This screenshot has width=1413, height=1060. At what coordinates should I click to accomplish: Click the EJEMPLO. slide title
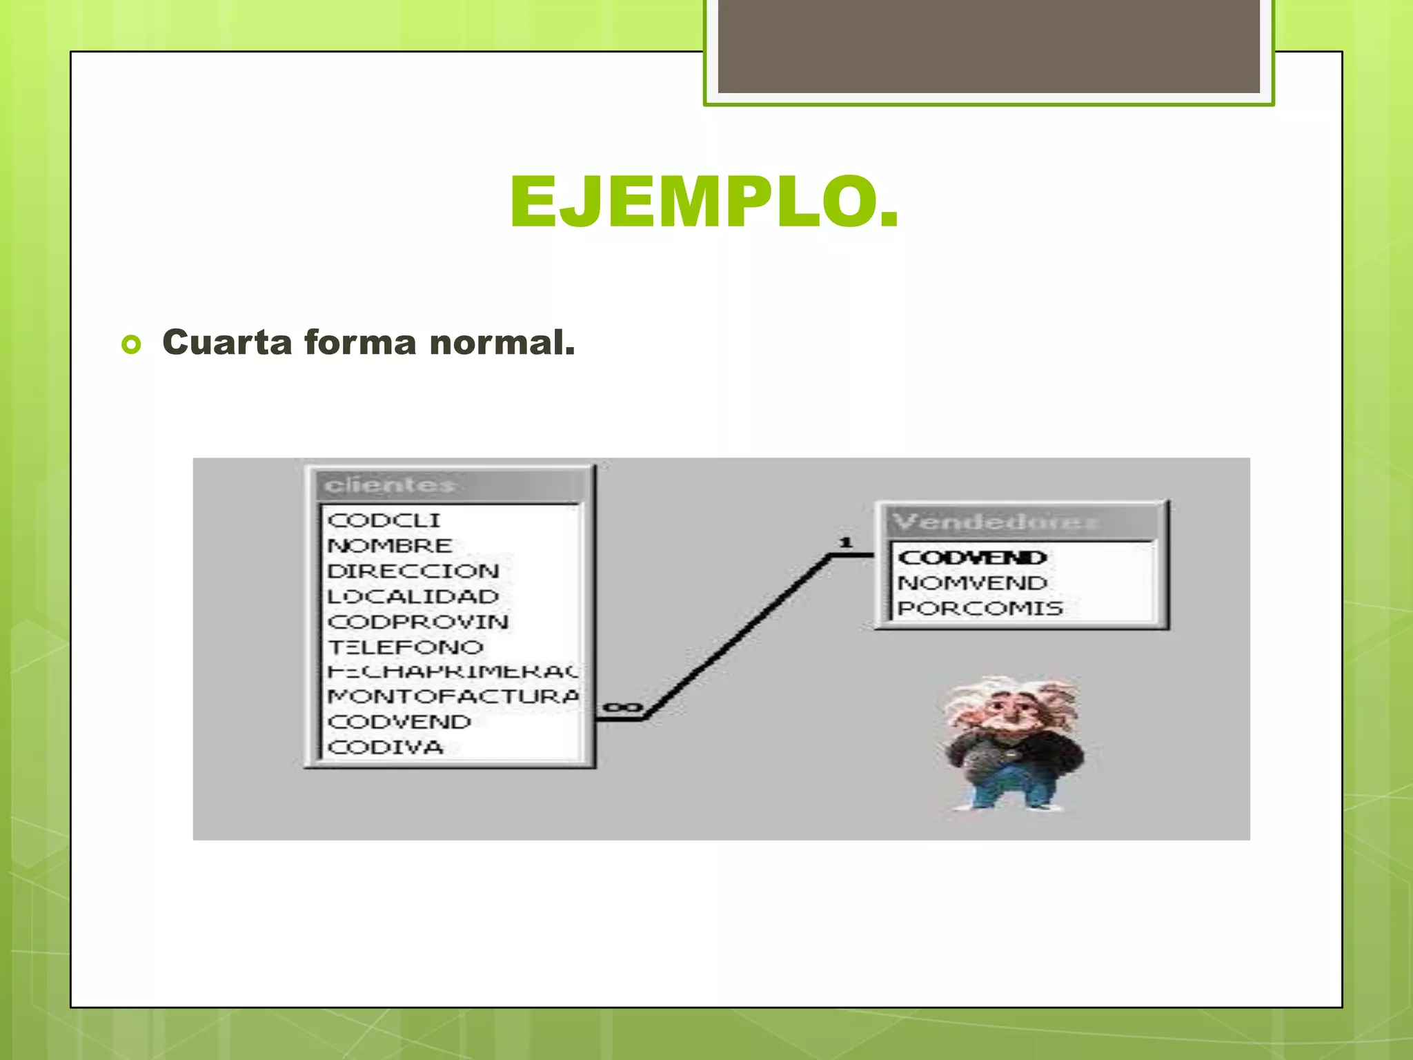coord(704,202)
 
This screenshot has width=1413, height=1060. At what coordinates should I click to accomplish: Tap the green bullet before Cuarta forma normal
coord(131,344)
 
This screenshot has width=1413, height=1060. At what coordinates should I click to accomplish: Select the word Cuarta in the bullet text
coord(227,343)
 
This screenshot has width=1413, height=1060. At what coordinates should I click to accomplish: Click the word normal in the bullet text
coord(502,343)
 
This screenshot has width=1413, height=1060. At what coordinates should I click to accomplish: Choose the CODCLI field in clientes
coord(384,520)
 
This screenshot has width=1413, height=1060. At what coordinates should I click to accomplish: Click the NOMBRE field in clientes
coord(390,546)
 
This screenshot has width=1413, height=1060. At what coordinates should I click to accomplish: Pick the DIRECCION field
coord(413,571)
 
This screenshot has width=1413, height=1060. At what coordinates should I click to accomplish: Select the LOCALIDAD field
coord(413,597)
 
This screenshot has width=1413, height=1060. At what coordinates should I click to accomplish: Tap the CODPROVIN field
coord(418,622)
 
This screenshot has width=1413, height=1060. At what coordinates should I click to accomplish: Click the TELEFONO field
coord(406,647)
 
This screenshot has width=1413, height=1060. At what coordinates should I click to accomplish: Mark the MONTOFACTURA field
coord(453,697)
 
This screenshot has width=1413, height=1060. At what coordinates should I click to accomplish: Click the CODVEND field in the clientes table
coord(399,723)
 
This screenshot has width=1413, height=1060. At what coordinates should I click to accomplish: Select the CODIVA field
coord(385,747)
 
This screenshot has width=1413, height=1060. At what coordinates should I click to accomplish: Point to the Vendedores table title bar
coord(1021,522)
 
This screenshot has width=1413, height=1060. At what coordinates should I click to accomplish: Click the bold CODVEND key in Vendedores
coord(972,558)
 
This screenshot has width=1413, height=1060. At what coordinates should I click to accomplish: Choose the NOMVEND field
coord(972,583)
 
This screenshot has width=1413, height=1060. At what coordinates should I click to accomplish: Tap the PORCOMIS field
coord(980,609)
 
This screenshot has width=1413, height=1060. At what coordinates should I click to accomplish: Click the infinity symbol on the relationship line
coord(622,708)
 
